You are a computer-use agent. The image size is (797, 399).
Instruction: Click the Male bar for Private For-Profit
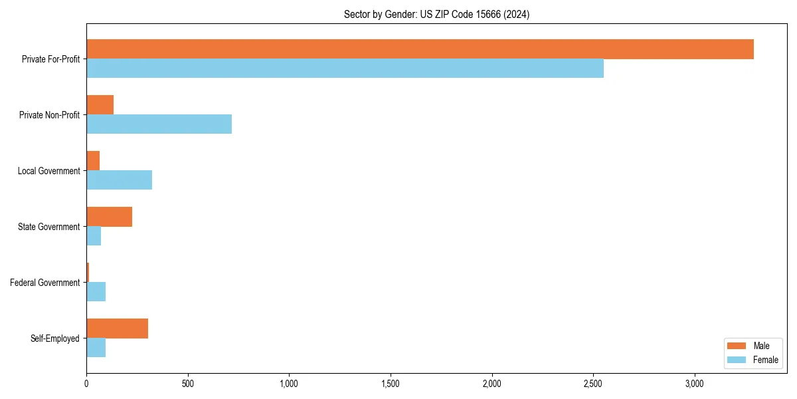420,49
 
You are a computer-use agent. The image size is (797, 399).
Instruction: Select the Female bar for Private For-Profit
345,68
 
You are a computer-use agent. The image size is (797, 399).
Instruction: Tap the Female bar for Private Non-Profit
159,124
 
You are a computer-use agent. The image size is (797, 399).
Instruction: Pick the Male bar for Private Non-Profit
100,105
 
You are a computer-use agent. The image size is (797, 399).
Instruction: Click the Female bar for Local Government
119,180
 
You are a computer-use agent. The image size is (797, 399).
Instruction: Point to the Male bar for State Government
109,217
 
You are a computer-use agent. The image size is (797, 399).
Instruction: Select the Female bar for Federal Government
96,292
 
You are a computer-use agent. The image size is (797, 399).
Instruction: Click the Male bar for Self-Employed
117,329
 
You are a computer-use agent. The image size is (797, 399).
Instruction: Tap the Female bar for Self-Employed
96,348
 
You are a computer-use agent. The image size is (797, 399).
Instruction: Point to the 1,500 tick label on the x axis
391,384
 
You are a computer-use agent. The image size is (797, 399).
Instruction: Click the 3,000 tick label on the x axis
695,384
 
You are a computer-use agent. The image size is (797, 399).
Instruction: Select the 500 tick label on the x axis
188,384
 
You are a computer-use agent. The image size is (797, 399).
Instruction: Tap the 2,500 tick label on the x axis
593,384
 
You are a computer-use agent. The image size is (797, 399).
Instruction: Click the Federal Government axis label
44,283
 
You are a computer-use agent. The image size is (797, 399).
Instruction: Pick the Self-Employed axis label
54,338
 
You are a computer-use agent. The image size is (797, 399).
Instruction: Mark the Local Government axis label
48,171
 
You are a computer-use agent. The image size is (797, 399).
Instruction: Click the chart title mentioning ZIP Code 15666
436,14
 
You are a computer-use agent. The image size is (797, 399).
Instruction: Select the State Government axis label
48,227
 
